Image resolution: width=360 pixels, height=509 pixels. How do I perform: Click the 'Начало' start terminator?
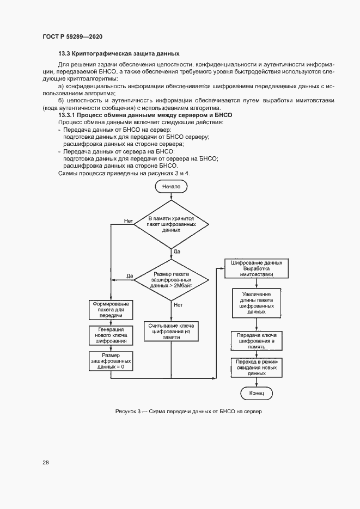[171, 186]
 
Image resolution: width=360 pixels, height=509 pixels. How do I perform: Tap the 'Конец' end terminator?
[257, 393]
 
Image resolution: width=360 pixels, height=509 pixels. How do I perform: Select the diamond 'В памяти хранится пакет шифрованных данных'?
[171, 224]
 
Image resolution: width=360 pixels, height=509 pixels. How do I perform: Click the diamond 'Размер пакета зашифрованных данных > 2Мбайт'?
[171, 279]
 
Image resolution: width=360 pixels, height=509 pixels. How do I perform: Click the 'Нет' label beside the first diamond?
[129, 220]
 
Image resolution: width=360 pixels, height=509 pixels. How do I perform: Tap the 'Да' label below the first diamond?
[177, 252]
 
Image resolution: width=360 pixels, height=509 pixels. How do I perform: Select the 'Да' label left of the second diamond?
[130, 276]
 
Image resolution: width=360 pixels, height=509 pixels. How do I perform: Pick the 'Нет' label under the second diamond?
[178, 305]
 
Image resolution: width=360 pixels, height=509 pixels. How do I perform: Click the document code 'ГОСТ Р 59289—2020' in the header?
[72, 36]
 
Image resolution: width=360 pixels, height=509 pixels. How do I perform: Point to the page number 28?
[46, 463]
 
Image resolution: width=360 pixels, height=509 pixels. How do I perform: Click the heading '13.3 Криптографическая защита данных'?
[119, 53]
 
